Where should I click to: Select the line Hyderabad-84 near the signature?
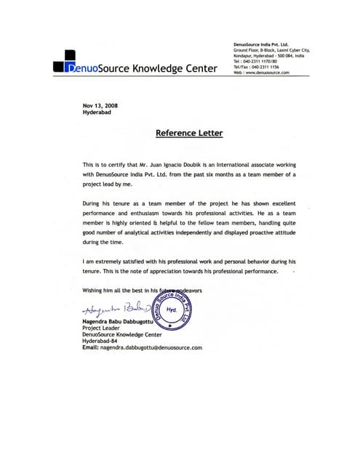pyautogui.click(x=101, y=341)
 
